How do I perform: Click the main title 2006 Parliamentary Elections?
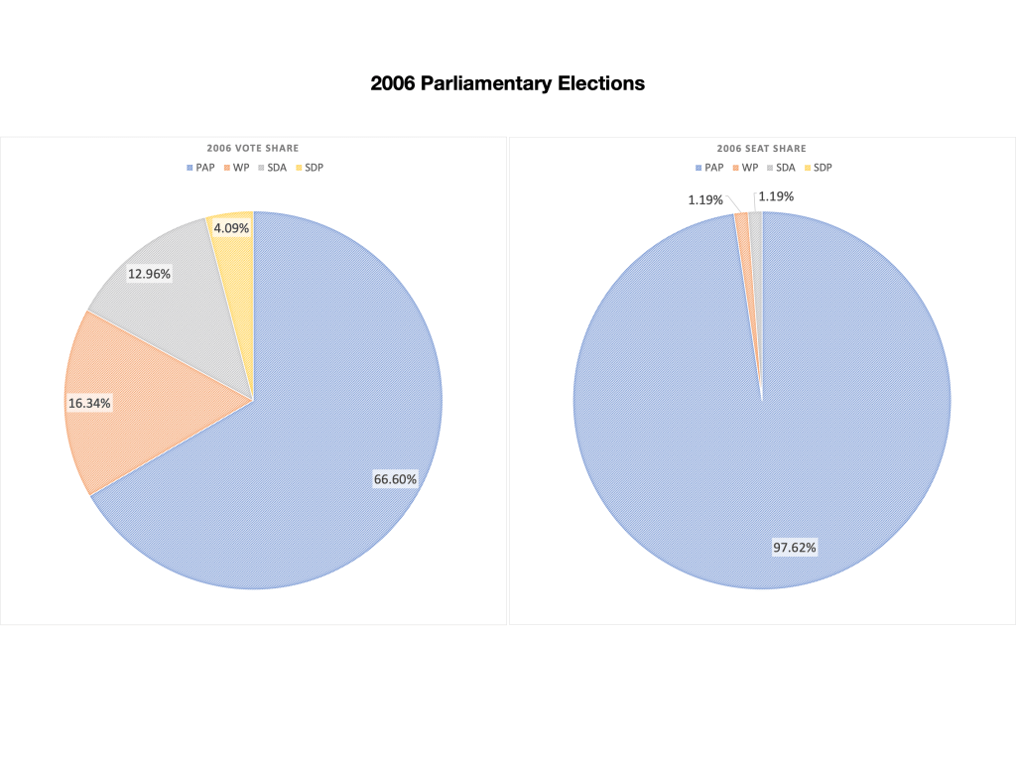[507, 83]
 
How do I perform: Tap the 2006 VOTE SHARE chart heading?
[253, 148]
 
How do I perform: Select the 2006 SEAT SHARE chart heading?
[761, 148]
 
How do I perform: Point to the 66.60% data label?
[395, 479]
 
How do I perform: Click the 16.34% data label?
[89, 404]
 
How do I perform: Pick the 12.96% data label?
[149, 273]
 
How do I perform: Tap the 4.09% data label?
[231, 227]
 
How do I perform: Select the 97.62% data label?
[795, 547]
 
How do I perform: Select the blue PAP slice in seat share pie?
[761, 446]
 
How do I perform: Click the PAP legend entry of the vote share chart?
[202, 168]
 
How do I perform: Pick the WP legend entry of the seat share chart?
[746, 168]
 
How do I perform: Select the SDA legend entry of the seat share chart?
[780, 168]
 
